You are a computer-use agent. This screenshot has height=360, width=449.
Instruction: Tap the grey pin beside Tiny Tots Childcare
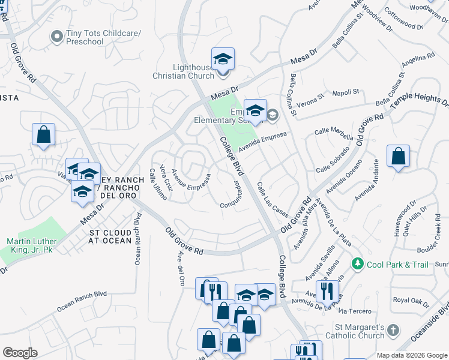57,37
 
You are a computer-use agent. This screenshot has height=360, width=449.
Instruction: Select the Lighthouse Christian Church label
184,71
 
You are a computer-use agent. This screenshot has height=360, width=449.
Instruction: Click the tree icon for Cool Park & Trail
358,263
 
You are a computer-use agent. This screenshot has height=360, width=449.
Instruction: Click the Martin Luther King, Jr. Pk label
32,245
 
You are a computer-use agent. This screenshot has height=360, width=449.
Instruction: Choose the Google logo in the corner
20,353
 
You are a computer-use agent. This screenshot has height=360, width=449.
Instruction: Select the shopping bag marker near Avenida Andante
398,157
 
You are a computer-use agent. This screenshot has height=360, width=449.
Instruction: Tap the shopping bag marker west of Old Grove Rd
44,135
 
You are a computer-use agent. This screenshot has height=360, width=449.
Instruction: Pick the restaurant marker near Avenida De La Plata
327,292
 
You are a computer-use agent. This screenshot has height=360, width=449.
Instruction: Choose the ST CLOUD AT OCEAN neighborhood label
110,236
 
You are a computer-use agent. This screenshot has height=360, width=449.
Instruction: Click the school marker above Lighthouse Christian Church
223,59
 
